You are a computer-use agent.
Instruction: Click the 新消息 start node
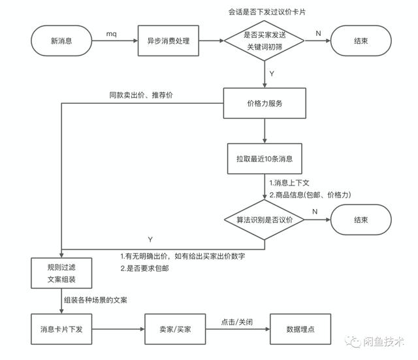[x=61, y=41]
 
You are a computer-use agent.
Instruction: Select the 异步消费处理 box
[x=169, y=41]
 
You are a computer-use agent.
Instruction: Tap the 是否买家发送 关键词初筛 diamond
[x=264, y=41]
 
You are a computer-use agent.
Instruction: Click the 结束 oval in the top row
[x=361, y=41]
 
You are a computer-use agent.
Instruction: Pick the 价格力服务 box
[x=265, y=103]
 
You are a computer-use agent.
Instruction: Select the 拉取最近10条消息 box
[x=265, y=159]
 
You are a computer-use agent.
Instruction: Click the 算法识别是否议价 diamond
[x=264, y=220]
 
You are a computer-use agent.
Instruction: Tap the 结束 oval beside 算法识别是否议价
[x=361, y=220]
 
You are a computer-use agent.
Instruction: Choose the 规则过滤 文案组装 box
[x=61, y=273]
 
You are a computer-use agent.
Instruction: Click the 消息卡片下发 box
[x=61, y=329]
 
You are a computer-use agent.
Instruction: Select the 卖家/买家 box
[x=175, y=329]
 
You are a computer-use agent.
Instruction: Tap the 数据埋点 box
[x=300, y=329]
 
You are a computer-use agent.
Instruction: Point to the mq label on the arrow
[x=112, y=34]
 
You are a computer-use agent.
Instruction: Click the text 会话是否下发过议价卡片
[x=267, y=12]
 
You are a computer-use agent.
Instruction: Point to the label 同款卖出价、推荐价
[x=141, y=95]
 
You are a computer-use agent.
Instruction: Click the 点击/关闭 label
[x=236, y=322]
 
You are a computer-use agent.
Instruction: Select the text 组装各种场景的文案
[x=95, y=301]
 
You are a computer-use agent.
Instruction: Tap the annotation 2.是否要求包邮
[x=145, y=269]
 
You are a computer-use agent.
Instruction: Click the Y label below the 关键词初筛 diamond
[x=272, y=74]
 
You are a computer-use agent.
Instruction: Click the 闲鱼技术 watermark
[x=375, y=342]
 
